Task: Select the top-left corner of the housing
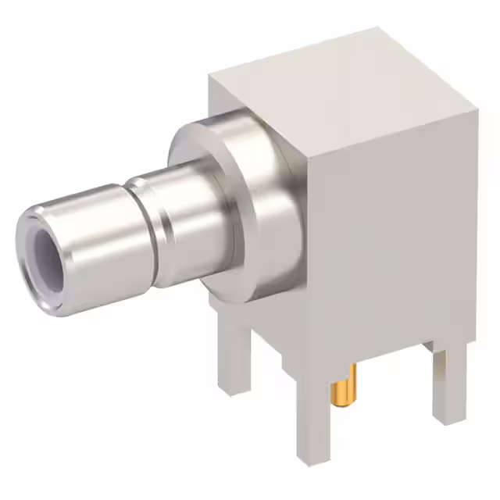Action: tap(209, 76)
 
